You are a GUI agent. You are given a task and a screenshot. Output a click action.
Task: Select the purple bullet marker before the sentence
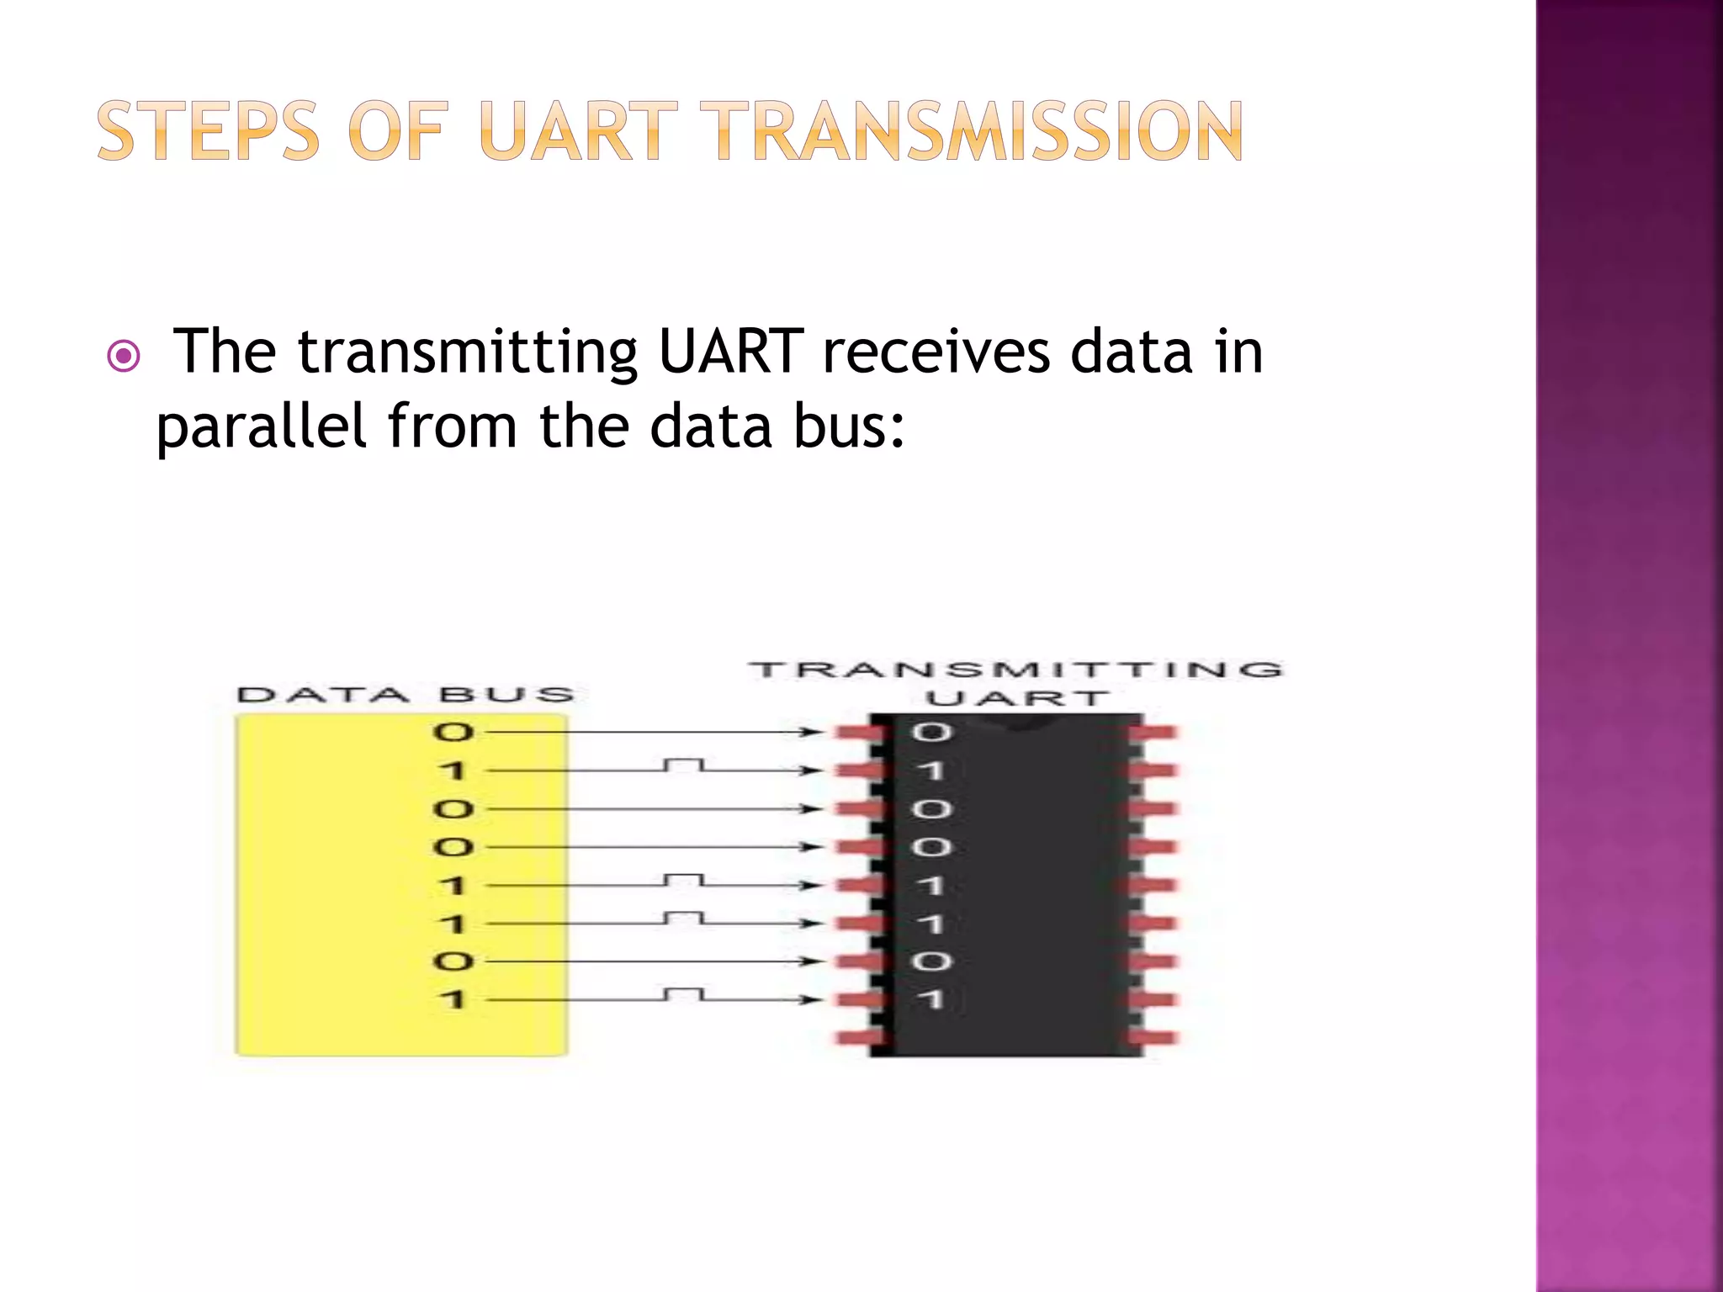[x=125, y=356]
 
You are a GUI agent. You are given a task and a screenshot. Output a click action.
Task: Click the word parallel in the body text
[x=261, y=426]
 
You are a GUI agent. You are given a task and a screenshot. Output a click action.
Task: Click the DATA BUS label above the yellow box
[x=406, y=695]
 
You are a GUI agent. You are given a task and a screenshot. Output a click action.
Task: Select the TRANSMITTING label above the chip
[x=1015, y=670]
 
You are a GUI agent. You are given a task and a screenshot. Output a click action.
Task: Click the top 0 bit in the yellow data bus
[x=453, y=732]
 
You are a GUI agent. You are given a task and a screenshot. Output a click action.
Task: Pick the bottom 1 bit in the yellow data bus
[x=453, y=999]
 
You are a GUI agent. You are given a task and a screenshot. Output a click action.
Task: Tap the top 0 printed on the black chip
[x=931, y=732]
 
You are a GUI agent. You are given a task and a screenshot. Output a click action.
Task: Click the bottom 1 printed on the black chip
[x=931, y=999]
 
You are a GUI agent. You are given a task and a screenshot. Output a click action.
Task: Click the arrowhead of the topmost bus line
[x=811, y=732]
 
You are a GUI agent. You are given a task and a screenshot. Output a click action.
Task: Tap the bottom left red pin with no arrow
[x=858, y=1037]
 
